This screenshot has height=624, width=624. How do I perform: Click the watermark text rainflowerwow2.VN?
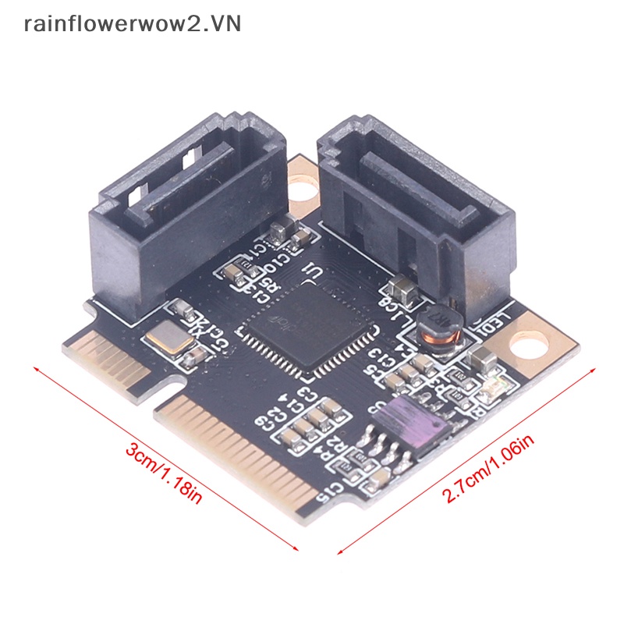(133, 23)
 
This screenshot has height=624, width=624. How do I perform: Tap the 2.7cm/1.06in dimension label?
(491, 468)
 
